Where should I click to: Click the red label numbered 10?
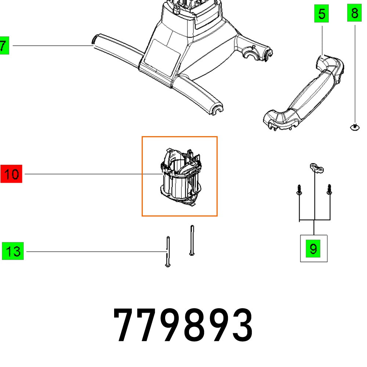click(11, 174)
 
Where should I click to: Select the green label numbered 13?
click(13, 251)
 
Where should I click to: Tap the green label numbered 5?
click(321, 14)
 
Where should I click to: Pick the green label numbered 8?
click(354, 14)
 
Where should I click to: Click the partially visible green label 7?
click(4, 46)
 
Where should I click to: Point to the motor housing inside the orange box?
click(179, 176)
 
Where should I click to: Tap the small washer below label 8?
click(354, 127)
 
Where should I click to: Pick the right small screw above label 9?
click(329, 189)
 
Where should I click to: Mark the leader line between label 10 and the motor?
click(84, 174)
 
